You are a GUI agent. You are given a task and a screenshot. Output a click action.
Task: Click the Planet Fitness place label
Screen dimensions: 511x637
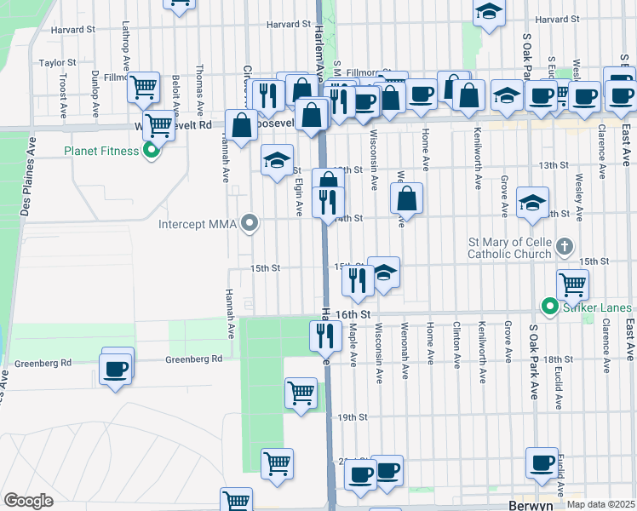[101, 152]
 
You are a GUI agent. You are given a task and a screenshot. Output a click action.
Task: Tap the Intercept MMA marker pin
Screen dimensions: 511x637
[250, 225]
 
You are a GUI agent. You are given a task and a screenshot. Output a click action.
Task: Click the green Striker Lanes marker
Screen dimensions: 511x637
[550, 307]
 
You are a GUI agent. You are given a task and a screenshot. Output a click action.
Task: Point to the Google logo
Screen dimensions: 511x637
[28, 500]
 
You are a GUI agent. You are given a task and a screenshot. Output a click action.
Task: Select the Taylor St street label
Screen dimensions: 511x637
[58, 63]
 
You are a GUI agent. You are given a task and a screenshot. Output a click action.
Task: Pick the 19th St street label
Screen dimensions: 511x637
[351, 417]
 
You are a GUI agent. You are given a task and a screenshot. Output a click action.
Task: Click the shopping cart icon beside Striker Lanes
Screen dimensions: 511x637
[573, 284]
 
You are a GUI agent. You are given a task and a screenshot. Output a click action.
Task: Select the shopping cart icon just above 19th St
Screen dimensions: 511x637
[301, 393]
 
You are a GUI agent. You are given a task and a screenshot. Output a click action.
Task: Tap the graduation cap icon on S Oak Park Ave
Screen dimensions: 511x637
[532, 203]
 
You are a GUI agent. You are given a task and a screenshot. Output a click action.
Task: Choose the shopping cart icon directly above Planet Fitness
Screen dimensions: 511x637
[159, 125]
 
